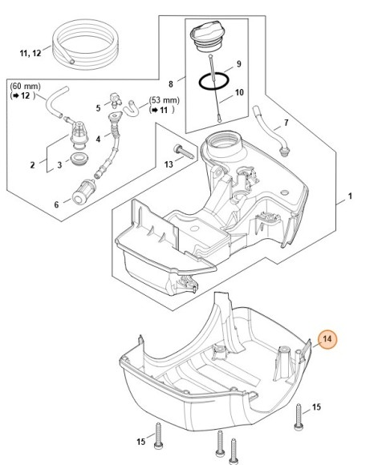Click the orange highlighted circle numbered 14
pos(327,339)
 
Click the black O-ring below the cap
pos(213,81)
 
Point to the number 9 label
pos(238,64)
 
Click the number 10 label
pos(239,92)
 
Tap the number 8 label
pos(171,84)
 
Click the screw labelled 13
pos(184,152)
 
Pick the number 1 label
pos(350,196)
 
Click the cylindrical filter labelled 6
pos(84,192)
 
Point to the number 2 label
pos(32,165)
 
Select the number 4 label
pos(98,139)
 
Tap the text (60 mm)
pos(25,87)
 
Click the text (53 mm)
pos(165,100)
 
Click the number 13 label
pos(169,164)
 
